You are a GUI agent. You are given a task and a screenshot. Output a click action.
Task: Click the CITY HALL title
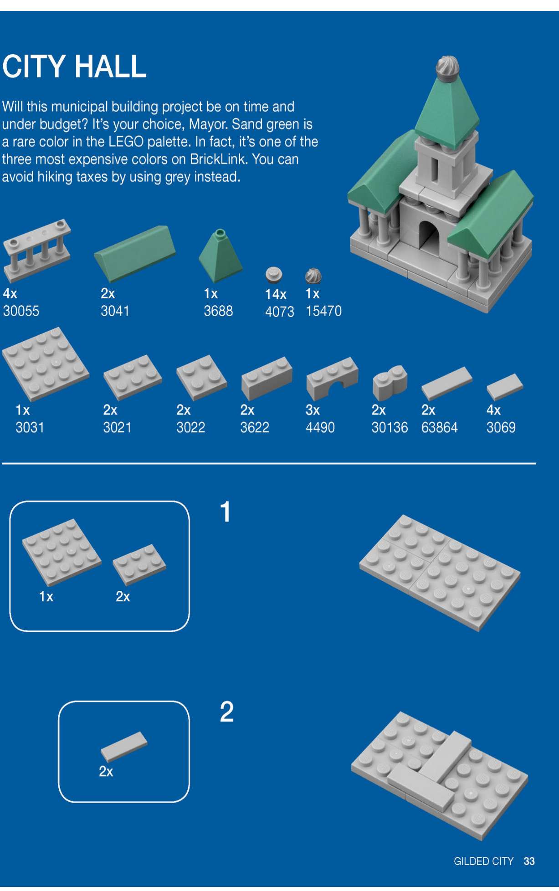(x=74, y=67)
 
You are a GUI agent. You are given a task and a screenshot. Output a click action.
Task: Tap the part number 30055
(x=21, y=311)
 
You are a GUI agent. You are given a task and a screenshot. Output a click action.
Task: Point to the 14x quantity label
(x=276, y=294)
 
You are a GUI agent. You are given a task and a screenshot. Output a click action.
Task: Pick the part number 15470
(x=323, y=311)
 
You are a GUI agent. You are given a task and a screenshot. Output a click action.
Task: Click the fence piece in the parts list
(x=37, y=251)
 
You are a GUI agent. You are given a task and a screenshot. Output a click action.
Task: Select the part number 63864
(x=439, y=428)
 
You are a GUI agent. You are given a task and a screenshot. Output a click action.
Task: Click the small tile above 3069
(x=505, y=386)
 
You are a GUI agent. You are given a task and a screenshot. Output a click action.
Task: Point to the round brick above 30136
(x=390, y=382)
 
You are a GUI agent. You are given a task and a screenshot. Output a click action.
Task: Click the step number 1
(x=226, y=512)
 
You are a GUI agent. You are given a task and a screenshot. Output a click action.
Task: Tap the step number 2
(x=226, y=712)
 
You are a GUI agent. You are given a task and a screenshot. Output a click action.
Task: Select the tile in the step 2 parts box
(x=124, y=747)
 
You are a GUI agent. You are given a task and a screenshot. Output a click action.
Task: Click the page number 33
(x=529, y=861)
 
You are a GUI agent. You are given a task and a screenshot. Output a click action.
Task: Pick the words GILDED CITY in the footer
(x=483, y=861)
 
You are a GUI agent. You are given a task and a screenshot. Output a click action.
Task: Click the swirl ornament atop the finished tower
(x=447, y=68)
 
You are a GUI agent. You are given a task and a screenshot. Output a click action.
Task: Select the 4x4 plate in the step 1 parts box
(x=62, y=552)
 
